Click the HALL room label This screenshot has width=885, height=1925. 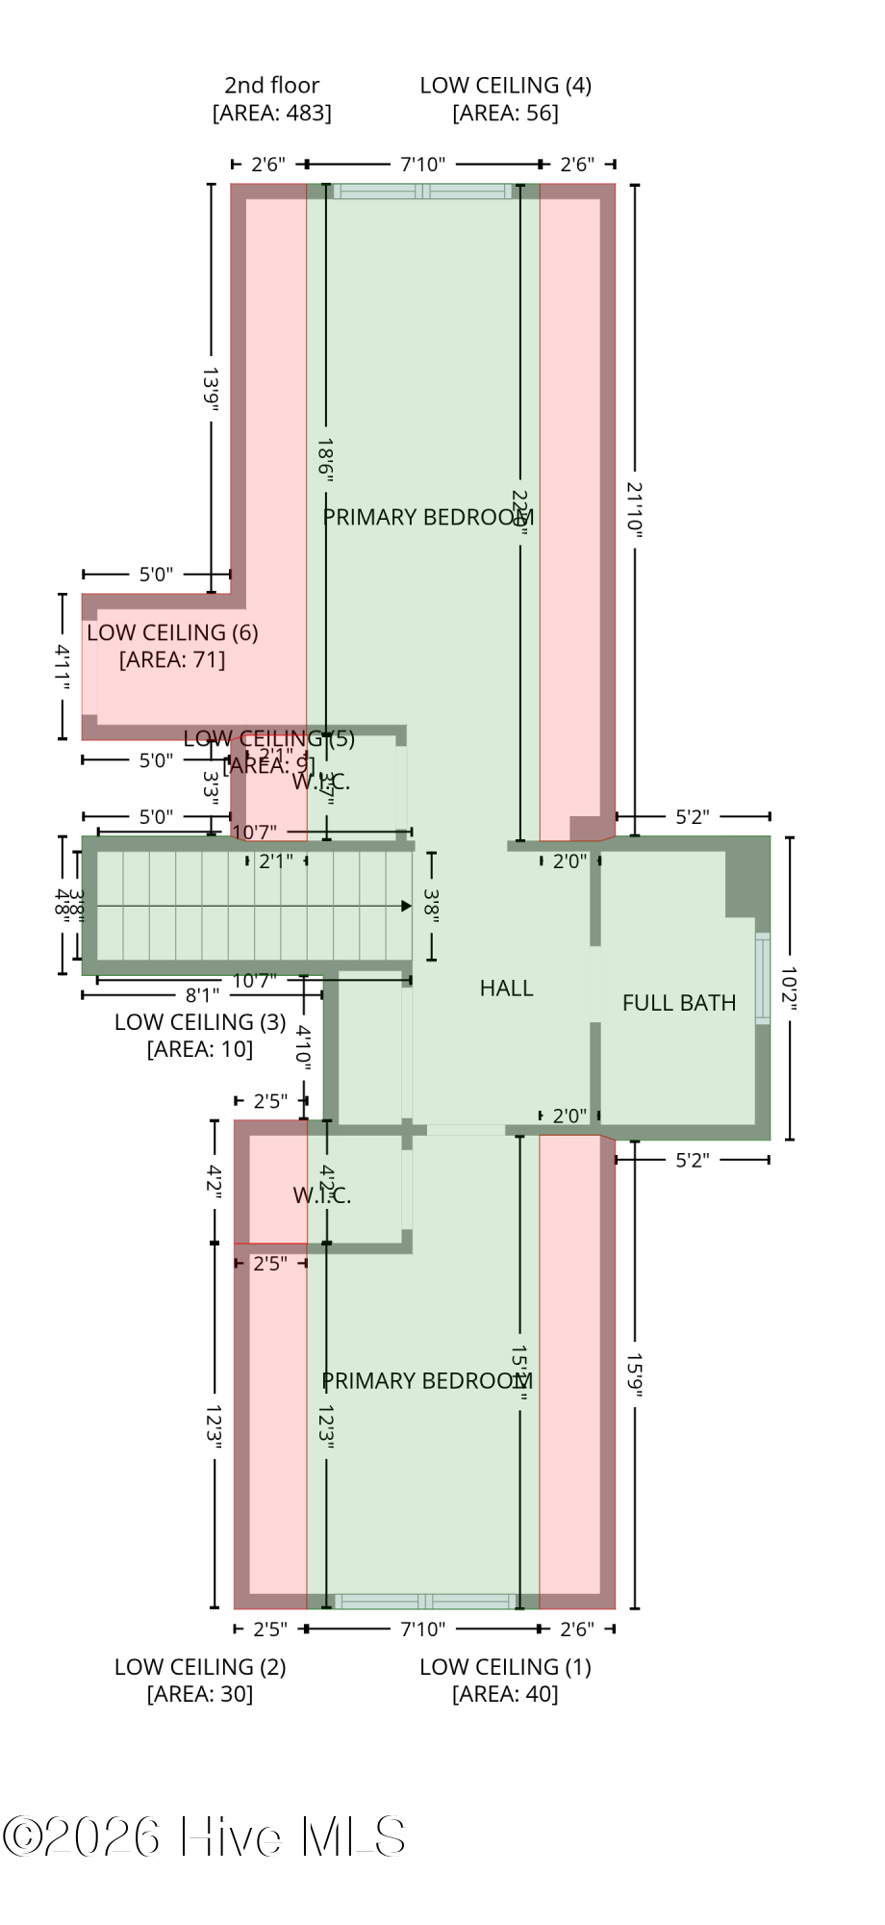click(x=506, y=988)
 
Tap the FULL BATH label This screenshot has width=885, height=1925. click(x=679, y=1003)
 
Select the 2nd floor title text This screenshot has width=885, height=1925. click(x=272, y=85)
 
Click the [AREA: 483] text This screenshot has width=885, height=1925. click(x=272, y=113)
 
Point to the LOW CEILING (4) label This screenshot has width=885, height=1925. click(x=505, y=85)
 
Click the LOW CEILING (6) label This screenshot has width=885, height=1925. click(x=172, y=632)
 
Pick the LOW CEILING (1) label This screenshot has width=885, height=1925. click(x=505, y=1666)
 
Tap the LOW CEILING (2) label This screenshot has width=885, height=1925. click(x=200, y=1666)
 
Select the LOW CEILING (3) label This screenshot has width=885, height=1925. click(x=200, y=1021)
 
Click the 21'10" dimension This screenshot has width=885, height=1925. click(x=635, y=509)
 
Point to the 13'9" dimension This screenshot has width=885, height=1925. click(x=212, y=388)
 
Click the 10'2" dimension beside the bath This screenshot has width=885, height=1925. click(x=789, y=988)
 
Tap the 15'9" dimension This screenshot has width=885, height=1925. click(x=635, y=1374)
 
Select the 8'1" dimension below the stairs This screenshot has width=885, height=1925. click(x=202, y=994)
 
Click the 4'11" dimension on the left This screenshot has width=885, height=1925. click(x=63, y=666)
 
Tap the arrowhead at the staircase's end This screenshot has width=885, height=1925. click(x=406, y=906)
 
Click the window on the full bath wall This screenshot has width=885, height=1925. click(x=763, y=977)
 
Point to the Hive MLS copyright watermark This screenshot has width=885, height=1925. click(x=204, y=1836)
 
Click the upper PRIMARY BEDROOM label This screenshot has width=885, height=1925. click(x=428, y=517)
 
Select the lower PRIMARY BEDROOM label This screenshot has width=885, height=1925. click(x=427, y=1380)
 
